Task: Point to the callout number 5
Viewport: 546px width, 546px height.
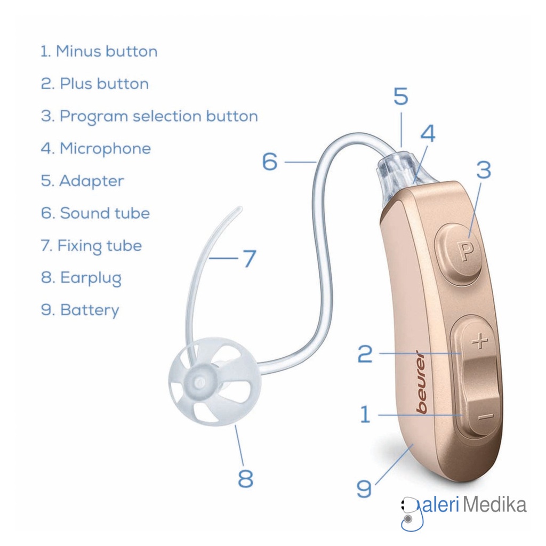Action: pyautogui.click(x=400, y=97)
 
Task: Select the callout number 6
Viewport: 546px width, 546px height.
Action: pyautogui.click(x=270, y=162)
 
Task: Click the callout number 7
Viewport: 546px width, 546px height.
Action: pyautogui.click(x=249, y=259)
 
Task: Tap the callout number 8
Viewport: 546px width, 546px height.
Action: pyautogui.click(x=245, y=478)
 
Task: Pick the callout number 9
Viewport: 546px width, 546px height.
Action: pyautogui.click(x=364, y=488)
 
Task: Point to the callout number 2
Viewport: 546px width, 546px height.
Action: pyautogui.click(x=365, y=354)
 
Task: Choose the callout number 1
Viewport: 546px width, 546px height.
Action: pyautogui.click(x=365, y=414)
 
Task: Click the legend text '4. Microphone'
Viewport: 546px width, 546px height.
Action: pyautogui.click(x=96, y=148)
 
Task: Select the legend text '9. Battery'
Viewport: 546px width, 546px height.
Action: pyautogui.click(x=80, y=310)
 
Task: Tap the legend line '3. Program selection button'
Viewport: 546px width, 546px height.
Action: pyautogui.click(x=149, y=116)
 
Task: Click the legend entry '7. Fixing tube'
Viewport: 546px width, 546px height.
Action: pyautogui.click(x=92, y=246)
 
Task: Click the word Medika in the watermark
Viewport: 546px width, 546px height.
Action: pyautogui.click(x=494, y=504)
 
